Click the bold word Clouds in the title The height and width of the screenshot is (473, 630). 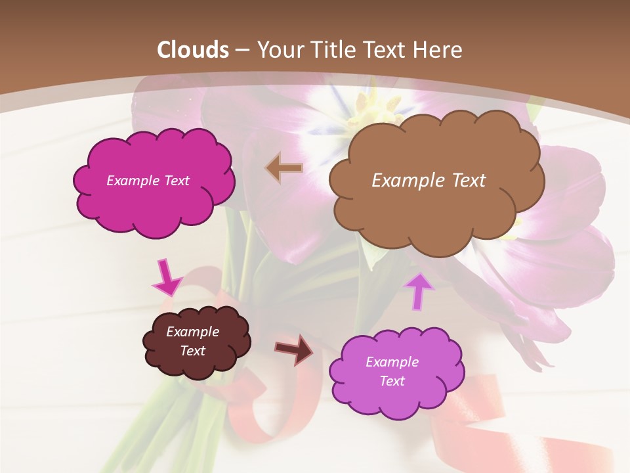193,50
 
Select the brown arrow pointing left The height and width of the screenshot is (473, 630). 284,168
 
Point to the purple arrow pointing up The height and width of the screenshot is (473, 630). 418,290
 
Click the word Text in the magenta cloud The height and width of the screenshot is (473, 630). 175,181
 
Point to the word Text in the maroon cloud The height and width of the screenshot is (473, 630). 192,351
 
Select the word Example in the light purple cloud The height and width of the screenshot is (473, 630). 392,362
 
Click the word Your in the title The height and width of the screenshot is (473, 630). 278,50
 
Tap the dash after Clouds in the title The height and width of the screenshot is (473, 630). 241,51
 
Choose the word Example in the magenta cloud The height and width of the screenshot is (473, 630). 133,181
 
